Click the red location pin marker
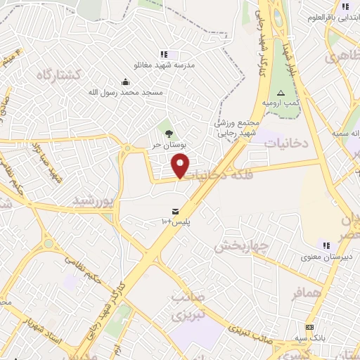181,166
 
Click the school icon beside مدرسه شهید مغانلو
164,54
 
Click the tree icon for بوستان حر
168,134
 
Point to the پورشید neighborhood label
93,200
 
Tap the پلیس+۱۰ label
176,221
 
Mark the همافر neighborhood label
307,292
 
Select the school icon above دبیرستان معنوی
326,245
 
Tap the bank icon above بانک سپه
309,327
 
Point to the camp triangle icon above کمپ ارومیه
281,93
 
